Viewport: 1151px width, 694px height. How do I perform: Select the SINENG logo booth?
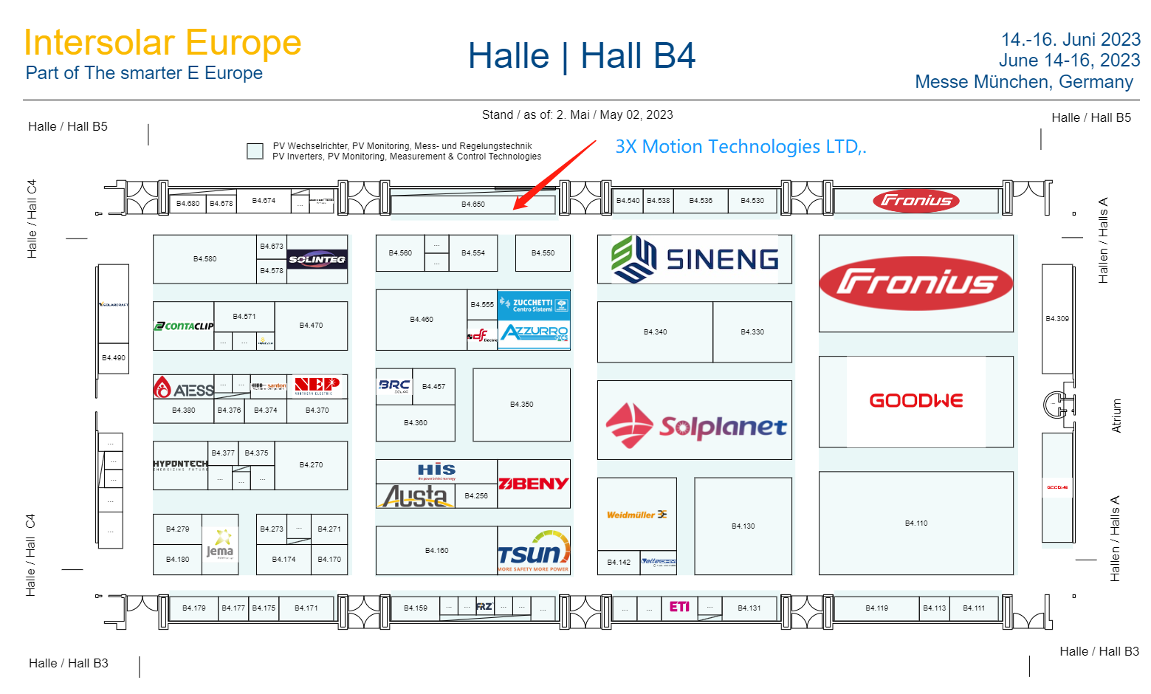[x=695, y=259]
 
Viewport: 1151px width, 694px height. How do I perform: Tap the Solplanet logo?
[x=695, y=426]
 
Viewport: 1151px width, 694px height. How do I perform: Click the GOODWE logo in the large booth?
[x=915, y=401]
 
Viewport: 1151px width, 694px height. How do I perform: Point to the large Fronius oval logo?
[x=915, y=284]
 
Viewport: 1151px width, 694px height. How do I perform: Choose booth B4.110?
[x=915, y=523]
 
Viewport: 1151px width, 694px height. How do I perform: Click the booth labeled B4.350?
[x=521, y=405]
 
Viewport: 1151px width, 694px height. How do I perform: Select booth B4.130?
[x=743, y=526]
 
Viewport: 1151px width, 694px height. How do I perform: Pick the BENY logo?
[x=533, y=484]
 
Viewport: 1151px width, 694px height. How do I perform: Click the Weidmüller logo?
[x=636, y=515]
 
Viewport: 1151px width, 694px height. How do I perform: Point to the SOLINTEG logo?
[x=317, y=259]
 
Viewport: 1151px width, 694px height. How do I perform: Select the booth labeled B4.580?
[x=205, y=259]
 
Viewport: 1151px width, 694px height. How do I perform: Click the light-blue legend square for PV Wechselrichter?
[x=255, y=151]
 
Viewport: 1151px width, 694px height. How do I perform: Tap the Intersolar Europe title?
[x=162, y=43]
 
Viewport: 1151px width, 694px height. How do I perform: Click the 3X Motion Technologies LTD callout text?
[x=741, y=147]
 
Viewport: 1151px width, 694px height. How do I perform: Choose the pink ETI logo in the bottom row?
[x=679, y=607]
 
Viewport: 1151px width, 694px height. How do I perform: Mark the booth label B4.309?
[x=1056, y=319]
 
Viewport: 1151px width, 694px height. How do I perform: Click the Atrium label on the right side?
[x=1116, y=416]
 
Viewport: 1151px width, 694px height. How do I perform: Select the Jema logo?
[x=220, y=544]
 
